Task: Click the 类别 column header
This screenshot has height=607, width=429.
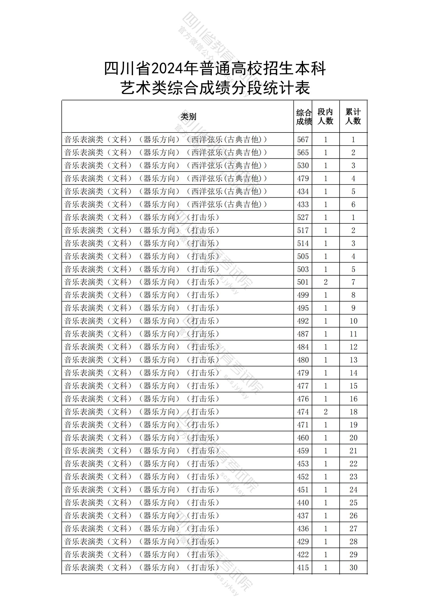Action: point(188,117)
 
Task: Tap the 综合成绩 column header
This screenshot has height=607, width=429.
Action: point(303,117)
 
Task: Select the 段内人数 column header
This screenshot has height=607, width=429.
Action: point(325,117)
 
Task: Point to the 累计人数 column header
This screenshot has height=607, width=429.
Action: point(353,117)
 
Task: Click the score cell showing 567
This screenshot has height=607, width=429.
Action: point(303,140)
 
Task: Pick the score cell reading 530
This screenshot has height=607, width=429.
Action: point(303,165)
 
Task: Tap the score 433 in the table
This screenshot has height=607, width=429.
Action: point(303,204)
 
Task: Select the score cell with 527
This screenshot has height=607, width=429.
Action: point(303,217)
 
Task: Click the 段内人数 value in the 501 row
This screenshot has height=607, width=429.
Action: point(325,282)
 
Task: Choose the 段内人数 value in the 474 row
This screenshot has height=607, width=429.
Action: point(325,412)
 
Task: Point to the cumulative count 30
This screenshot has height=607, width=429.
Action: point(353,568)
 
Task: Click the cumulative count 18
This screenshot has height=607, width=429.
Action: point(353,412)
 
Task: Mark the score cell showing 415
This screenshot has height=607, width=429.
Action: point(303,568)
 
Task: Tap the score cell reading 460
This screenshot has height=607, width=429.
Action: point(303,438)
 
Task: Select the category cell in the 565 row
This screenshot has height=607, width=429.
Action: point(165,152)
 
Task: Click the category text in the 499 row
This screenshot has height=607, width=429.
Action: point(142,295)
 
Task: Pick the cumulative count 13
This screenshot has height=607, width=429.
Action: point(353,360)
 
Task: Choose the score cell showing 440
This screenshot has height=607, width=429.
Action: point(303,503)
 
